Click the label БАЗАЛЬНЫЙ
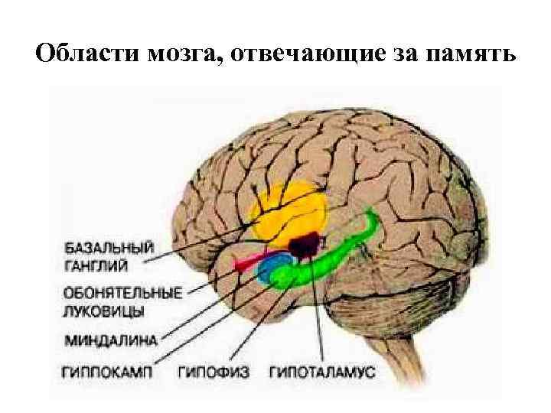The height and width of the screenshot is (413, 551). (x=108, y=248)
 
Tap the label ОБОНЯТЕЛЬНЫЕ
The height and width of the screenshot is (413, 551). (x=122, y=293)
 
